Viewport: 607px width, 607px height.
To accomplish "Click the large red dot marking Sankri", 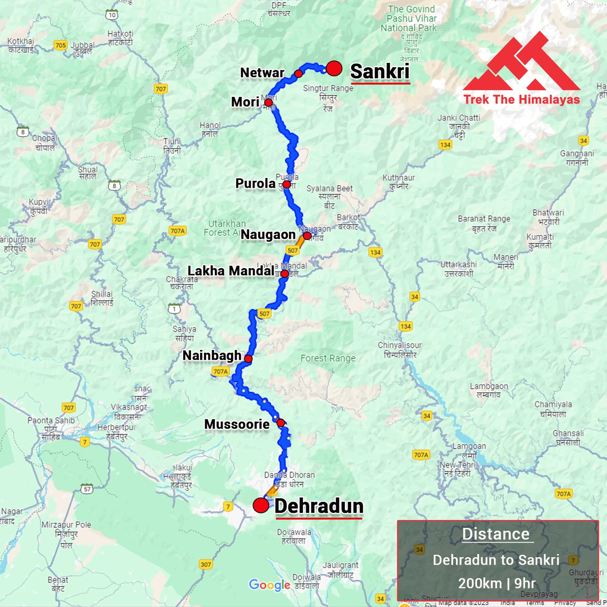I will click(x=334, y=68).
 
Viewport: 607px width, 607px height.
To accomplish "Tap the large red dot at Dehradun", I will click(x=261, y=505).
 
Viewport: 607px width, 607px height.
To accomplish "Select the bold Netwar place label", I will click(x=262, y=73).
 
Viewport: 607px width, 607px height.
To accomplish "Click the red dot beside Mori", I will click(x=268, y=102).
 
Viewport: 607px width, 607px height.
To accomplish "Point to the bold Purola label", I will click(x=255, y=183).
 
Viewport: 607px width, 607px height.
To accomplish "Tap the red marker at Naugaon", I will click(x=307, y=236).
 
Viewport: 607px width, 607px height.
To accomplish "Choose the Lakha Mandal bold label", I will click(x=231, y=271).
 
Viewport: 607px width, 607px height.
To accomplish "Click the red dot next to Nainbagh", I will click(x=248, y=359).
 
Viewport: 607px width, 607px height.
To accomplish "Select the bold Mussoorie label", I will click(x=236, y=424).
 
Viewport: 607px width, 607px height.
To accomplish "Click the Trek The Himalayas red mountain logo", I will click(x=522, y=63).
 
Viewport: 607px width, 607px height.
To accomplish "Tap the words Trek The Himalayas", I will click(x=522, y=99).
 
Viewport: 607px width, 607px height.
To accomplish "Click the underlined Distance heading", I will click(x=496, y=534).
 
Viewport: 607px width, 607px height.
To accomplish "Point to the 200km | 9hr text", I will click(x=497, y=583).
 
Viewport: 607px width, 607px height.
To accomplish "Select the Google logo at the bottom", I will click(x=269, y=585).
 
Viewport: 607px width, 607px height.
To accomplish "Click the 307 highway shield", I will click(x=206, y=564).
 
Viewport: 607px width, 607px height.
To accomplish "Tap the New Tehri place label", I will click(x=458, y=469).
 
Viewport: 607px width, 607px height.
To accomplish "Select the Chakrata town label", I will click(x=182, y=282).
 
